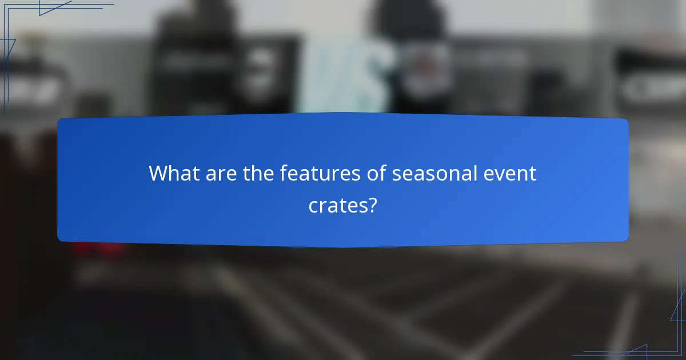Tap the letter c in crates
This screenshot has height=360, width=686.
313,205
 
